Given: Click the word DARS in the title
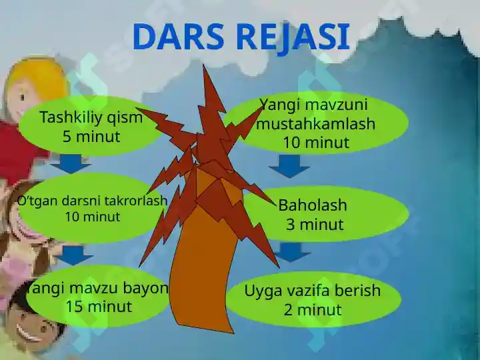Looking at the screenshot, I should tap(179, 37).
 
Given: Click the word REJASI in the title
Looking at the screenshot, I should tap(293, 37).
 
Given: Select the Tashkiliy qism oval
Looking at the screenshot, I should tap(91, 127).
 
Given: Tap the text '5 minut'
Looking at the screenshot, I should tap(91, 137).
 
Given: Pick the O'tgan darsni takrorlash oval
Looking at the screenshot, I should tap(91, 208).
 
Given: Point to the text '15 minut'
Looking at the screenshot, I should tap(99, 307).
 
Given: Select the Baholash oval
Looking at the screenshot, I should tap(327, 214).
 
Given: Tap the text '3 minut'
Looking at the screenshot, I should tap(315, 225).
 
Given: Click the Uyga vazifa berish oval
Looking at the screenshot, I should tap(313, 299).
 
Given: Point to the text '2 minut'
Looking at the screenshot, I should tap(313, 310).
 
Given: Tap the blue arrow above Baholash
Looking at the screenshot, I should tap(289, 166).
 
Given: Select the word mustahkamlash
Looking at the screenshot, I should tap(316, 124).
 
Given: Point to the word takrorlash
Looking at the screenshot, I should tap(132, 201).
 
